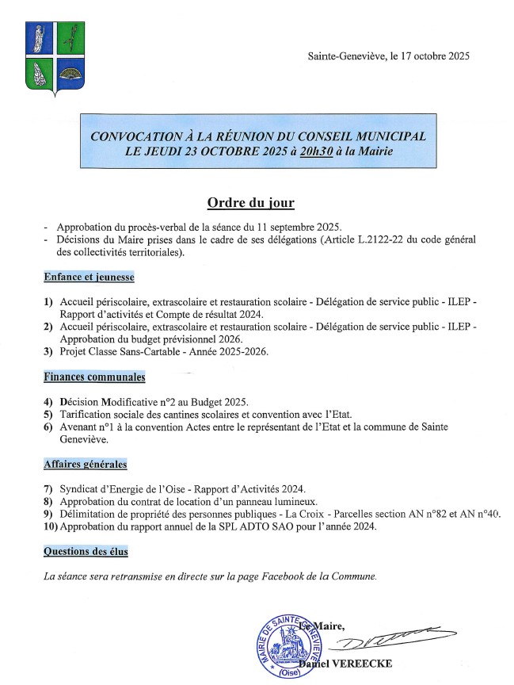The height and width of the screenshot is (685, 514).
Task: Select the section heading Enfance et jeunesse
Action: click(89, 277)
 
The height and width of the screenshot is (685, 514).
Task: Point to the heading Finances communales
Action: click(94, 377)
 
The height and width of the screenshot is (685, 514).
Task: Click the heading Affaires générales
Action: click(85, 465)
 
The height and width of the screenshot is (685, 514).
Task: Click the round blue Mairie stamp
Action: click(293, 646)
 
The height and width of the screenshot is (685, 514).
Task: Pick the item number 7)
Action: click(49, 488)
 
